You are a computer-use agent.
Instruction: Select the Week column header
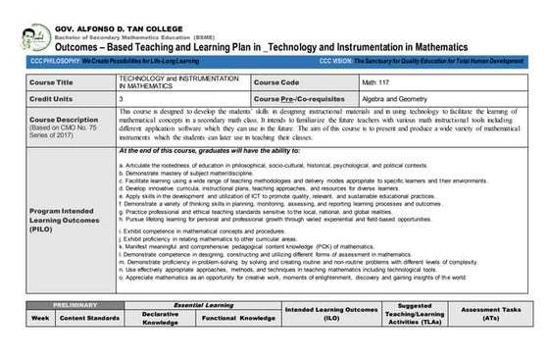pos(40,318)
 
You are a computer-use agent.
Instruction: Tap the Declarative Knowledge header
pos(160,318)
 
